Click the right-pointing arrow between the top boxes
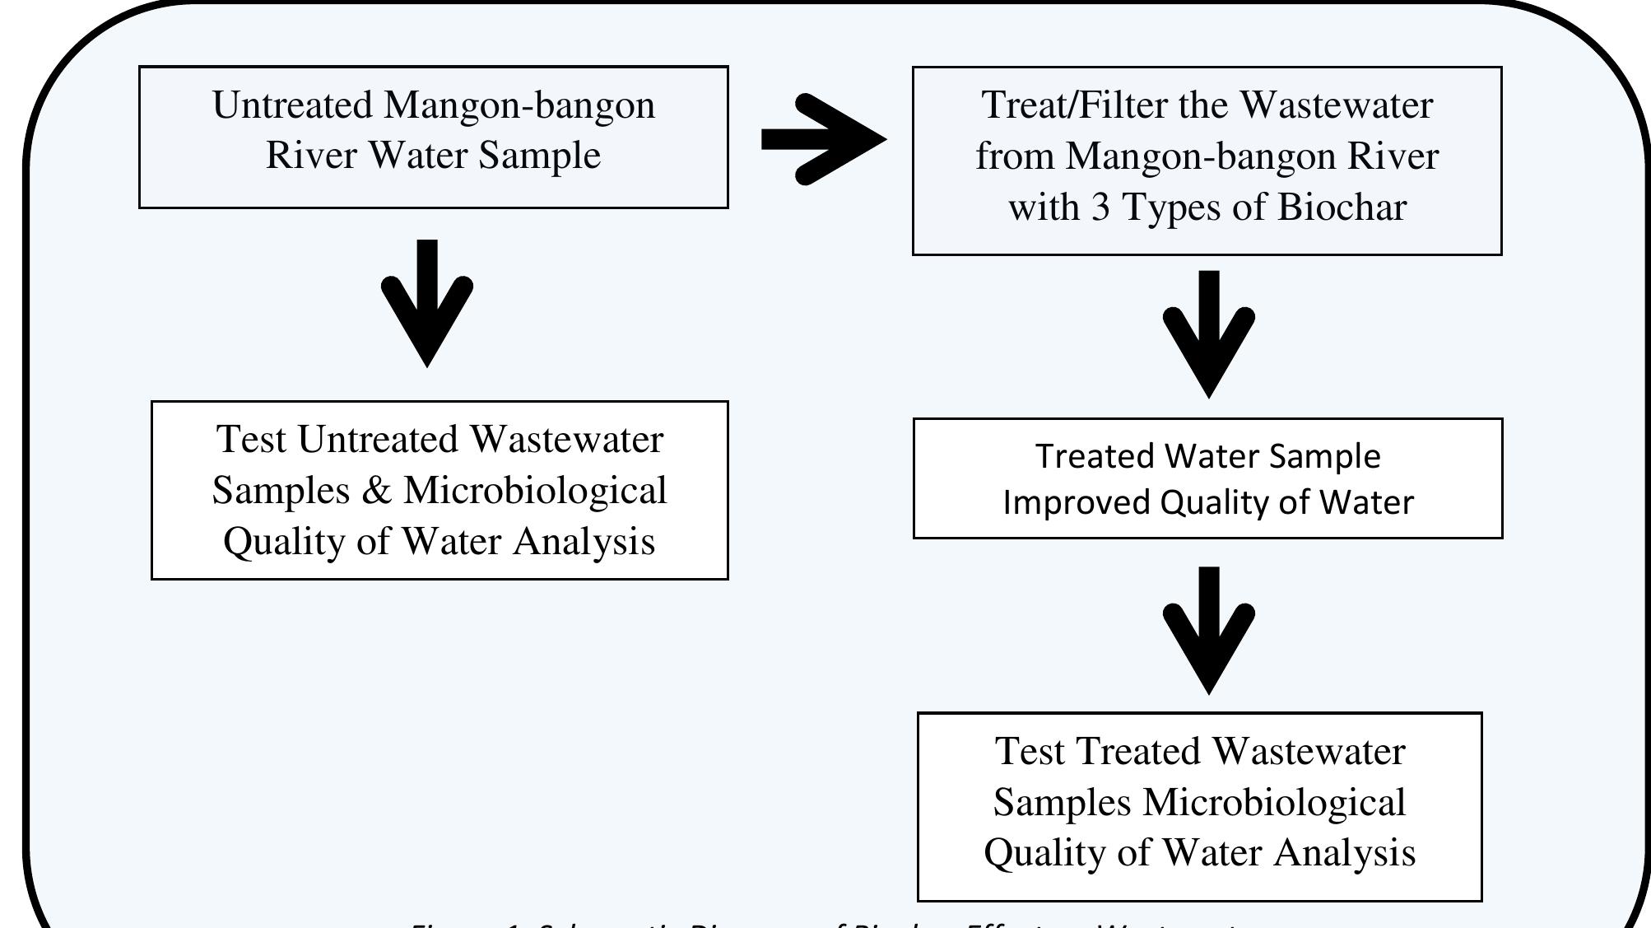(823, 138)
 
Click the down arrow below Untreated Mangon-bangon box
(427, 305)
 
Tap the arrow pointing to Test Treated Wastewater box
(1208, 631)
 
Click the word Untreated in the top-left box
(293, 105)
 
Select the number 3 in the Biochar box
(1100, 207)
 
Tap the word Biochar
(1342, 207)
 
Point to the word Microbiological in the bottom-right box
(1274, 802)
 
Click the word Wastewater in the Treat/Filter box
(1337, 105)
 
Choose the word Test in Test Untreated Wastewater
(251, 440)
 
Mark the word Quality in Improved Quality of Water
(1215, 502)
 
